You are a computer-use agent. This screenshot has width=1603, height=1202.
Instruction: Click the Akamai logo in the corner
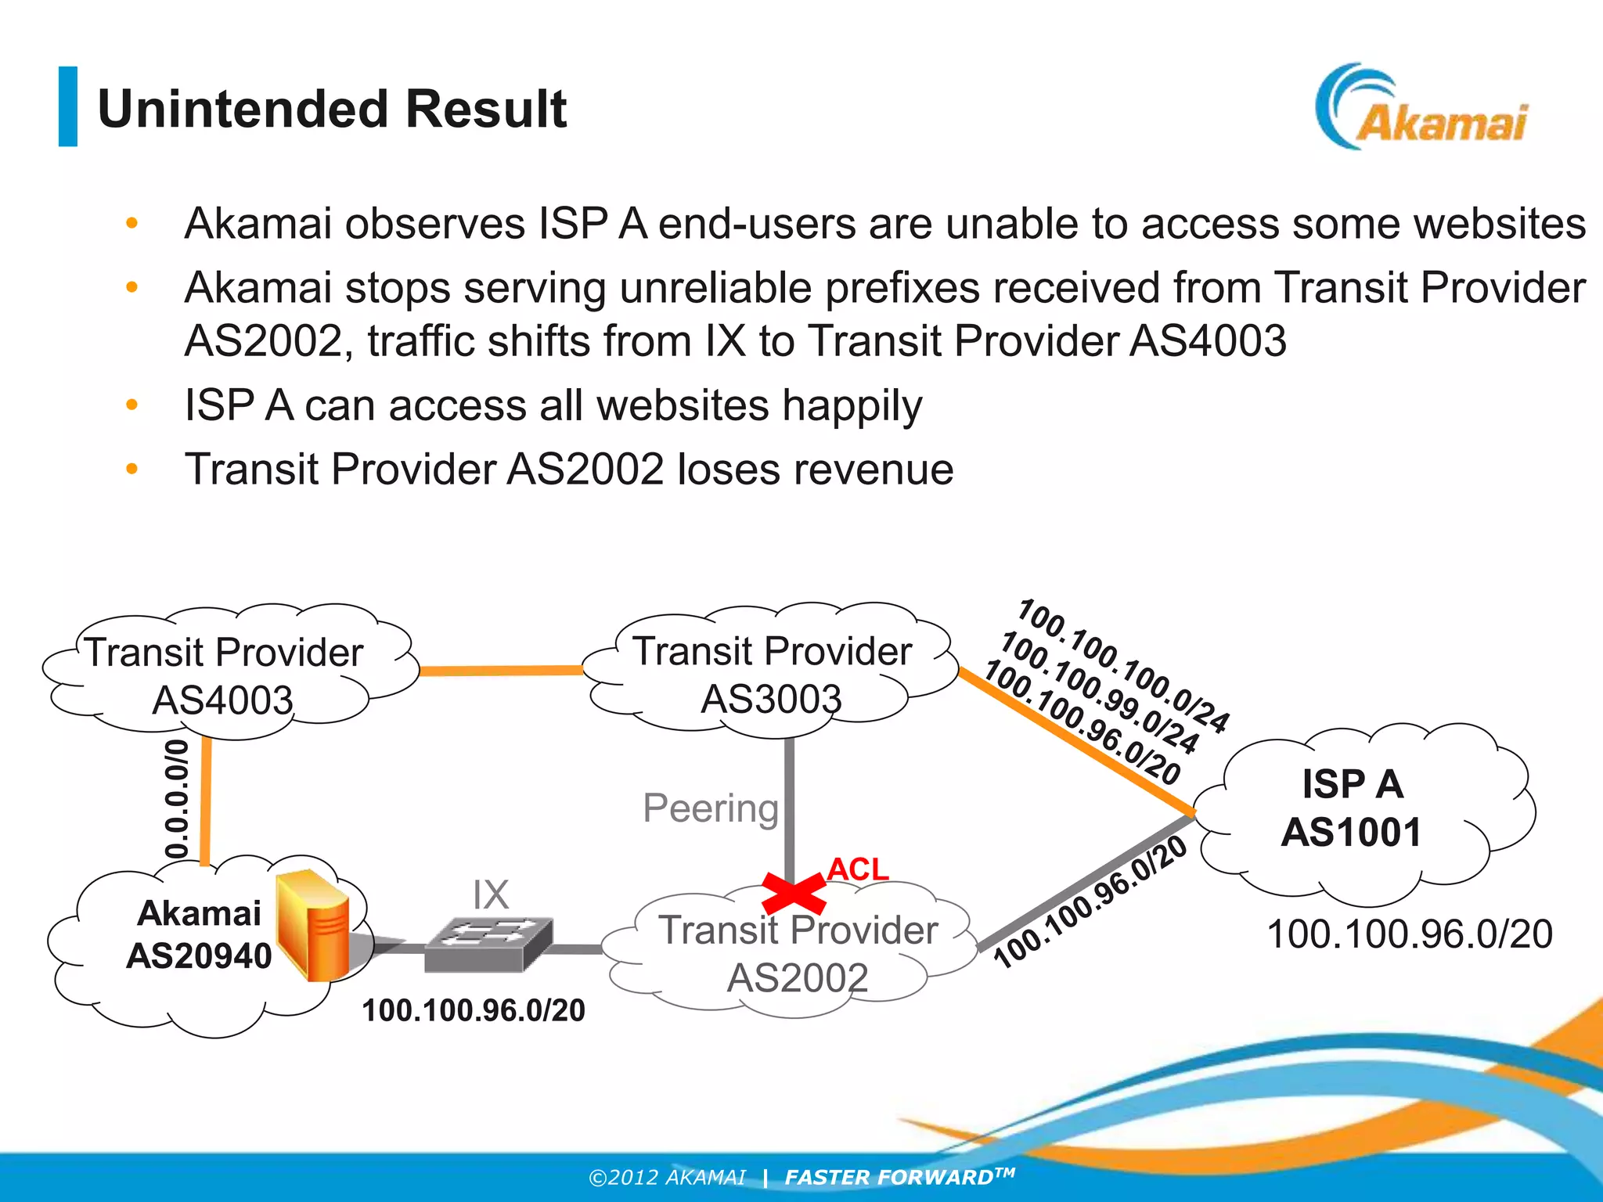[1421, 108]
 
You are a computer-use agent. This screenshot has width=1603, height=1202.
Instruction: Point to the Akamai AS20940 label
[199, 934]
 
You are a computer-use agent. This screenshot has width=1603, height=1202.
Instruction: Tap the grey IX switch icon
[488, 942]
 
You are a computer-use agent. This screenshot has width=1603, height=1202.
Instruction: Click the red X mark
[793, 894]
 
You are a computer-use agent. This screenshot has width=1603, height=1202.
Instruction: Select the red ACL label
[858, 869]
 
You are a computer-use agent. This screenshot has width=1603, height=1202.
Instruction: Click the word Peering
[711, 808]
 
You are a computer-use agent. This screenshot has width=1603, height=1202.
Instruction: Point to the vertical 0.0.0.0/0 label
[178, 798]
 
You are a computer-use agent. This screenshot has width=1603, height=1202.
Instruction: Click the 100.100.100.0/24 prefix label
[1124, 665]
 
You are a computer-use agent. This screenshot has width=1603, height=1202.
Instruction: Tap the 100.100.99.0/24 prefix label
[1100, 693]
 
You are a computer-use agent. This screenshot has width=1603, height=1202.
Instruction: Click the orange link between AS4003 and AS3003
[501, 671]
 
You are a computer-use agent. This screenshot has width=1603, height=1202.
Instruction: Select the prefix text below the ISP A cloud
[1409, 934]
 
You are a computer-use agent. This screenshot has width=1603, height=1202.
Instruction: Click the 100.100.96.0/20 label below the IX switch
[473, 1010]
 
